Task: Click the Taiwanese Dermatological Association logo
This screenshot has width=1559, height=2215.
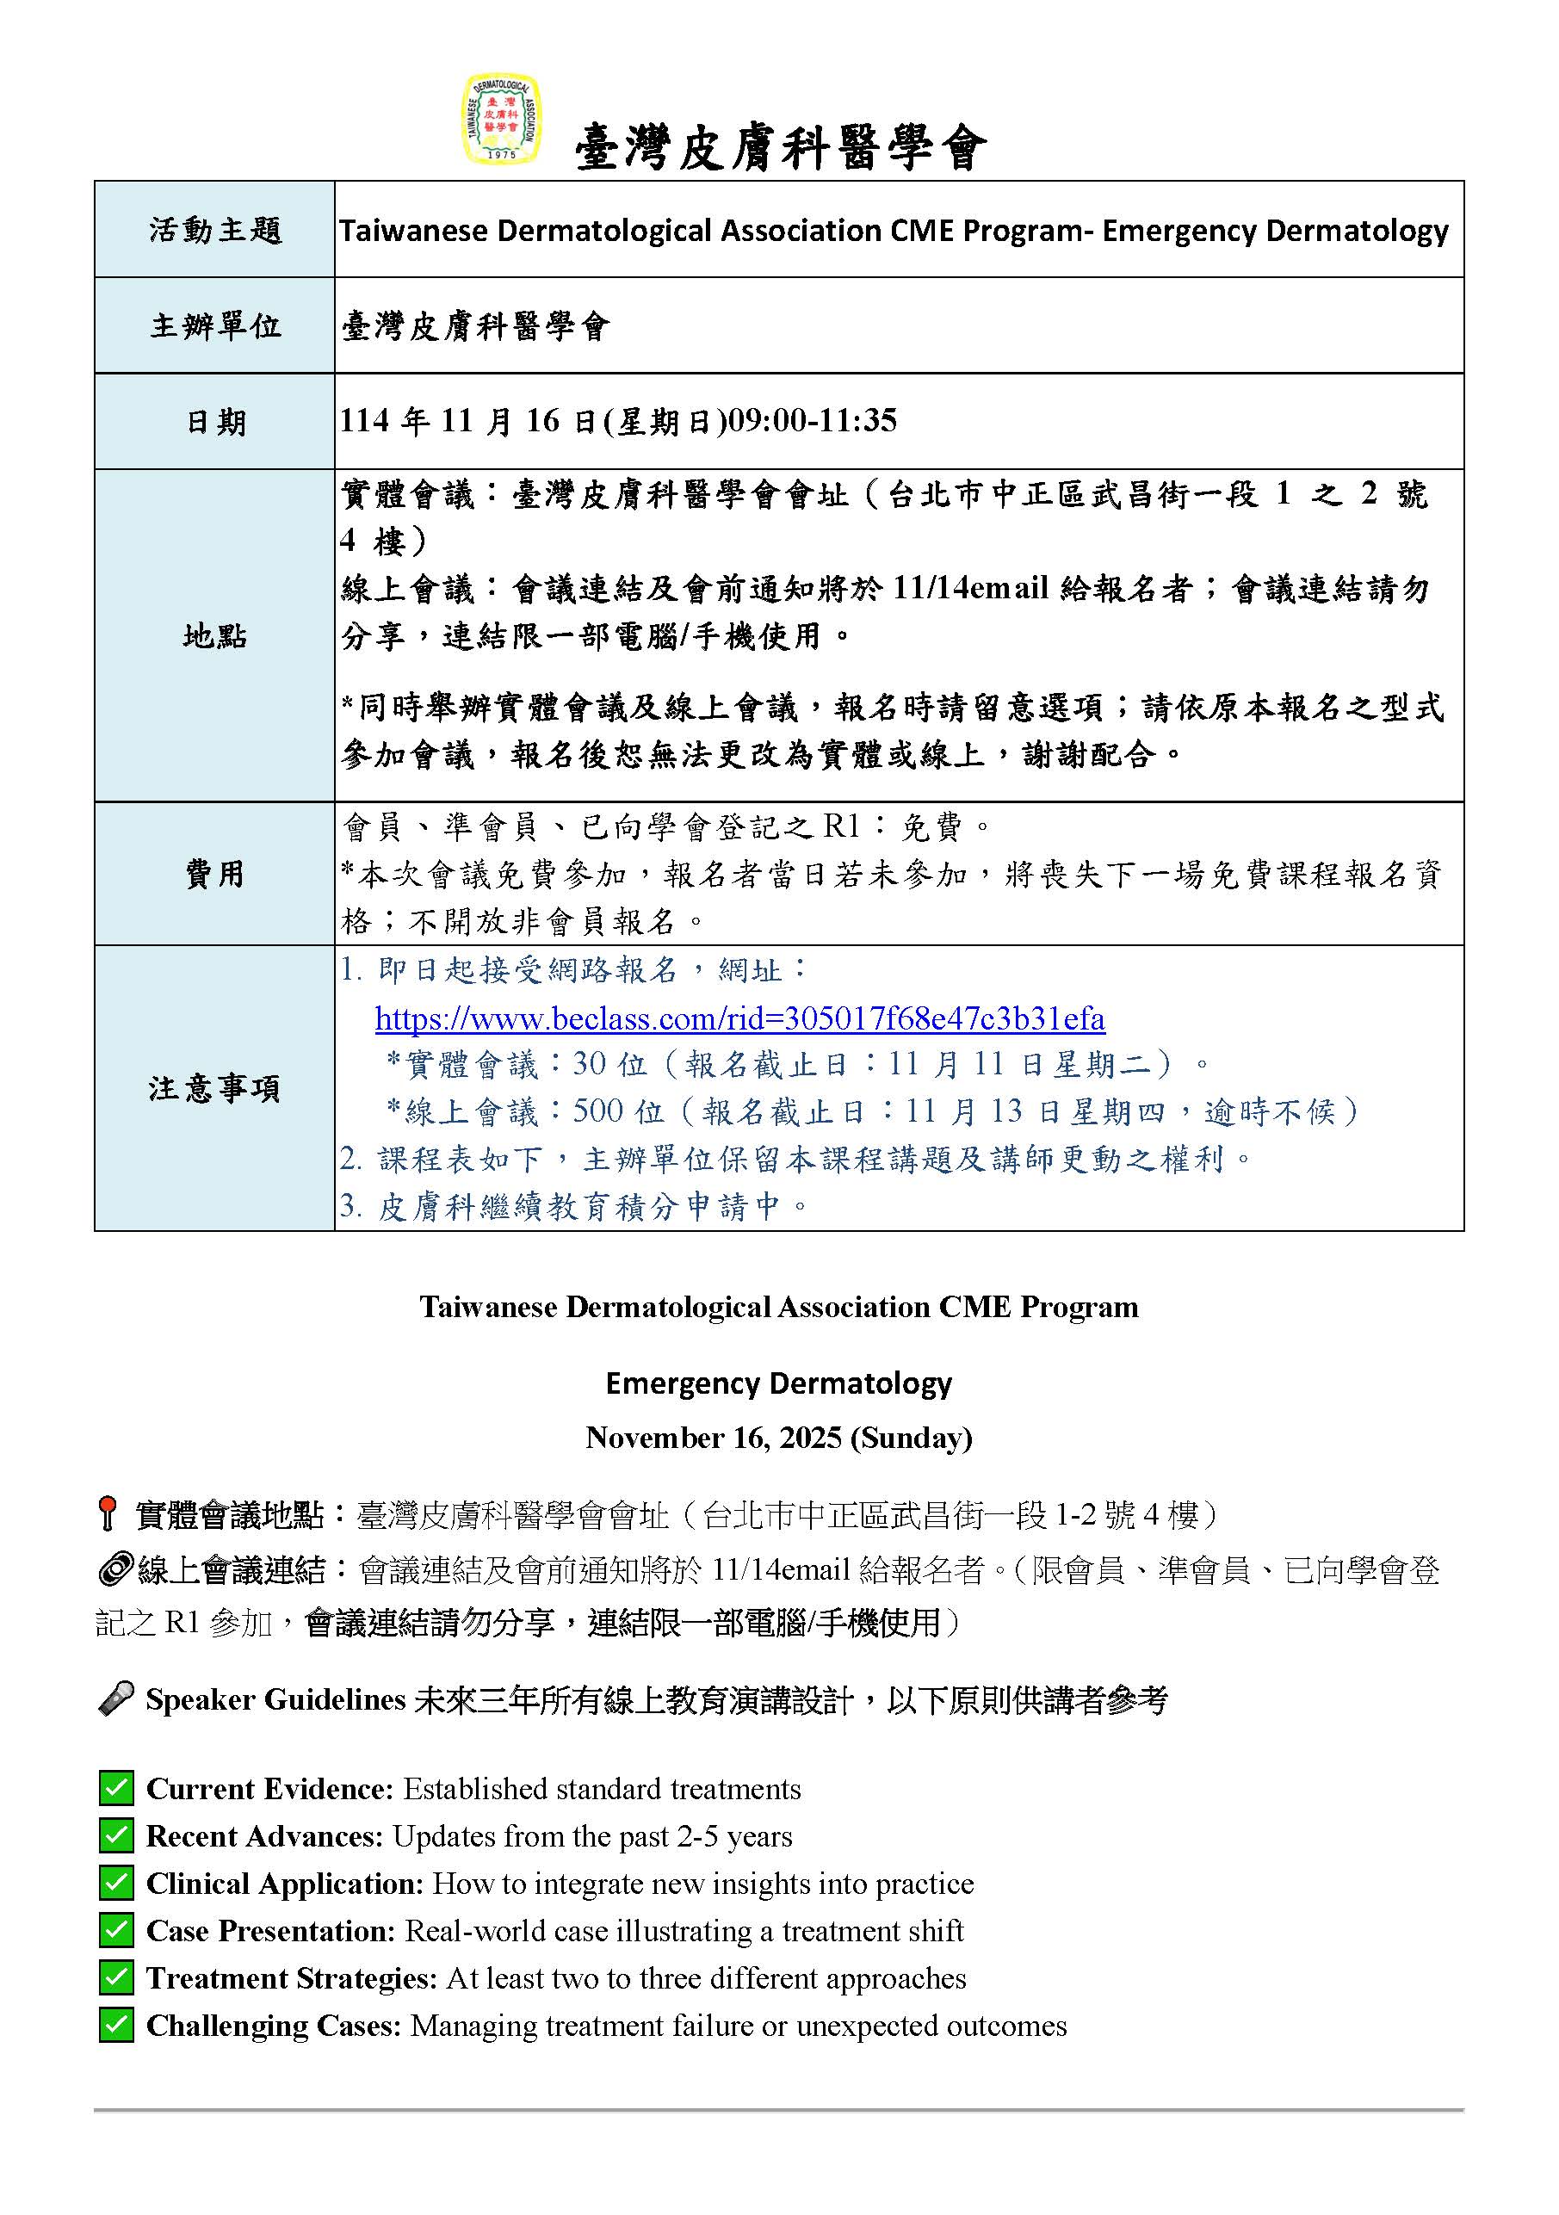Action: (x=501, y=119)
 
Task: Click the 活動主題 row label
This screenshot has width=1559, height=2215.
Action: (x=214, y=230)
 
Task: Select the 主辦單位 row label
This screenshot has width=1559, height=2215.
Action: (x=214, y=325)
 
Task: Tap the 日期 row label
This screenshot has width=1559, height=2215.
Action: (x=214, y=422)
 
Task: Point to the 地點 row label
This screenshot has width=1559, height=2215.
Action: (x=214, y=636)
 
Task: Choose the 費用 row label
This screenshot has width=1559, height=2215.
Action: (x=214, y=874)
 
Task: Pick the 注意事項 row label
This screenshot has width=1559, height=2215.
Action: (x=214, y=1088)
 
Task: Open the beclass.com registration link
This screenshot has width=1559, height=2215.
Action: (x=739, y=1018)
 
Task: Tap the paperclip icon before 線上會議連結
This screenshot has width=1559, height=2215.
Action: (x=114, y=1569)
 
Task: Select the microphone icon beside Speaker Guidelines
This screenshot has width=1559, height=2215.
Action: (x=115, y=1698)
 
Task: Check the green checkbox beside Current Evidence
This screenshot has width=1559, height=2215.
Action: (x=115, y=1789)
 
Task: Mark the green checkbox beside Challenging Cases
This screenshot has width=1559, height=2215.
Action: (x=115, y=2025)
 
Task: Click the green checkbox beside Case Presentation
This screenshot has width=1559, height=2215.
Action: (x=115, y=1930)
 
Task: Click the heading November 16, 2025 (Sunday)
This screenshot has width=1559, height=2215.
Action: (x=778, y=1438)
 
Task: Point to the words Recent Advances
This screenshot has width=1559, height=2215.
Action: (x=264, y=1836)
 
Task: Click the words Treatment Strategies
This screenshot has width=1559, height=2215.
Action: (x=291, y=1977)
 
